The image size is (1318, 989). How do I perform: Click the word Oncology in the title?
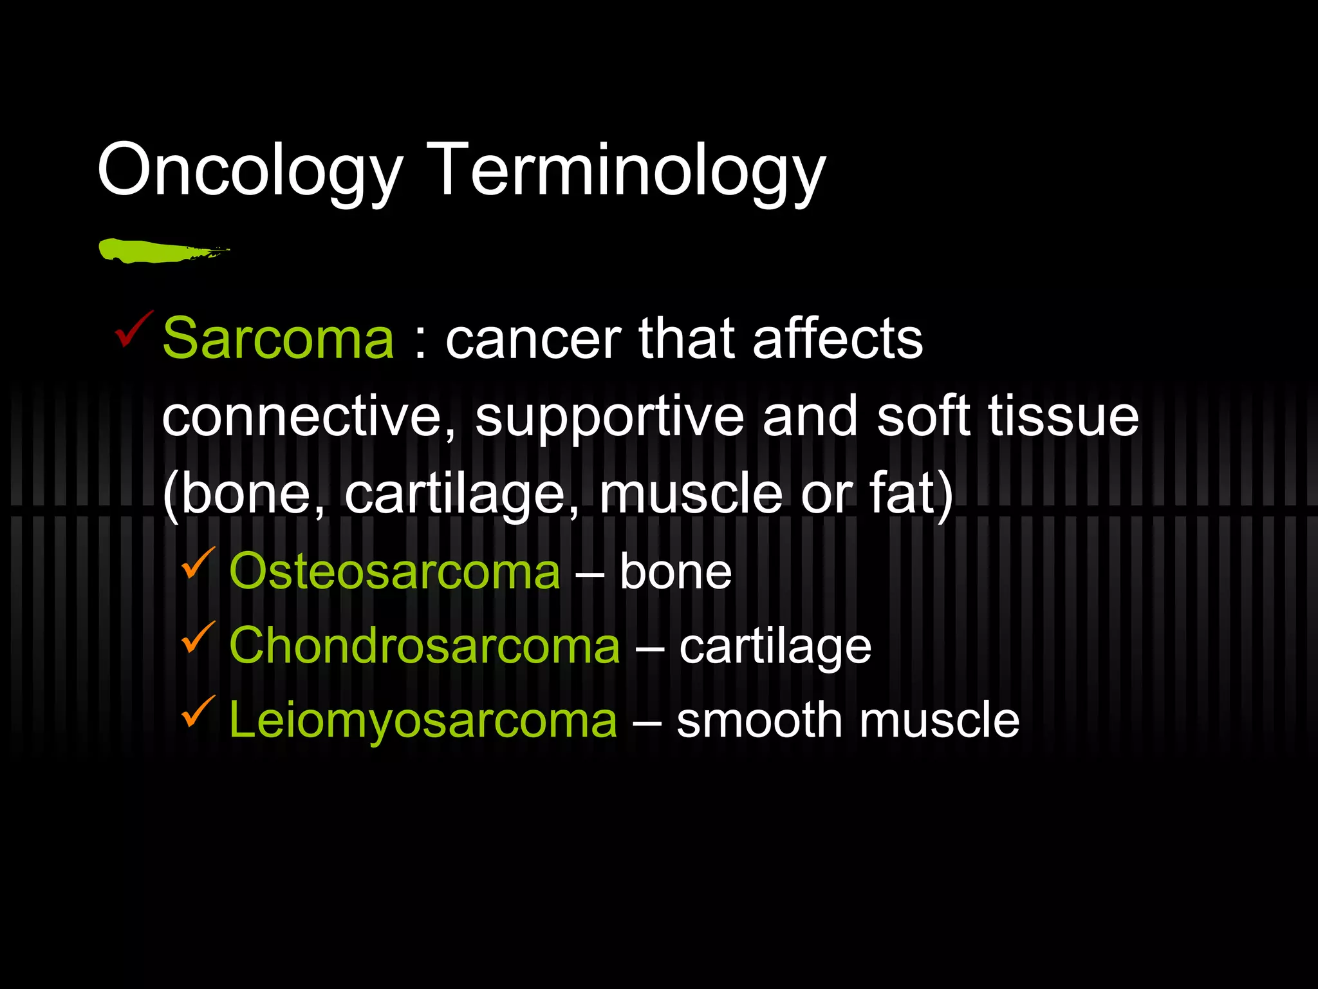(250, 171)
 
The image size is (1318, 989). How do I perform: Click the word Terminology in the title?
(626, 171)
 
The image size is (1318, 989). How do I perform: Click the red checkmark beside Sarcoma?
(133, 330)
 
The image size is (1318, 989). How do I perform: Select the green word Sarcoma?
(278, 339)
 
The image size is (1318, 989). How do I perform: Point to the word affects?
(837, 339)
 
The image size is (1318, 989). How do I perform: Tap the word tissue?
(1063, 417)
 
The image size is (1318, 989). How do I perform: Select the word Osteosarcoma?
(394, 572)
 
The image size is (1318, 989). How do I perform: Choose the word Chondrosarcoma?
(425, 646)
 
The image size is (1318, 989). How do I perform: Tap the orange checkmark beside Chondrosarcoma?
(198, 637)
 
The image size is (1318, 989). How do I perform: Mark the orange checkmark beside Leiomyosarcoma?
(198, 711)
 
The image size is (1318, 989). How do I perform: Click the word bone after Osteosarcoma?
(676, 572)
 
